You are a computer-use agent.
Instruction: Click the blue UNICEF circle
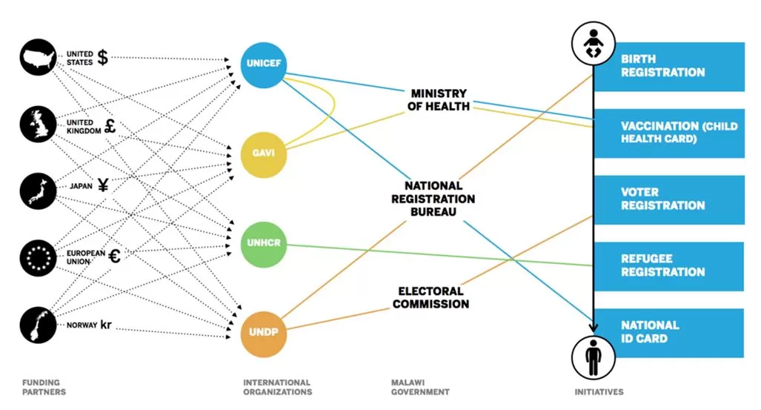(x=263, y=65)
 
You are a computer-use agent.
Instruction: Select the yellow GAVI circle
(x=263, y=153)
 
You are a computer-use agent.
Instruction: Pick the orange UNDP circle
(x=263, y=331)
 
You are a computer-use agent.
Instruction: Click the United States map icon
(x=41, y=57)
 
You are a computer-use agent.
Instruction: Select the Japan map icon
(x=41, y=190)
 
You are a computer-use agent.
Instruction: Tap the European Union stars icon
(x=41, y=257)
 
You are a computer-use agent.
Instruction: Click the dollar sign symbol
(x=103, y=58)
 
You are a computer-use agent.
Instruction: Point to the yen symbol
(x=103, y=186)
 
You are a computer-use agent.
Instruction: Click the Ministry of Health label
(x=439, y=100)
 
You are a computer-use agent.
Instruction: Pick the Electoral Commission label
(x=431, y=297)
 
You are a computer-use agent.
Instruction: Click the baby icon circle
(x=592, y=44)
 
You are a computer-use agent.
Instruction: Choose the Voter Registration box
(x=669, y=199)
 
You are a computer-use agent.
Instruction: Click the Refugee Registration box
(x=669, y=265)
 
